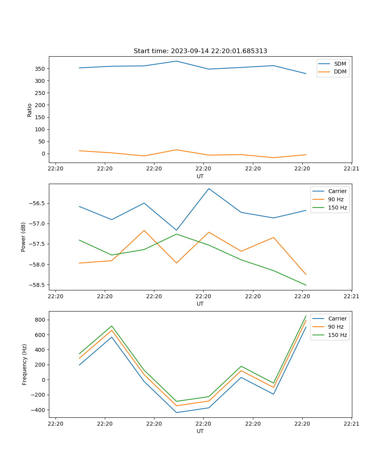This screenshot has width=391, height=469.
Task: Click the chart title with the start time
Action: pyautogui.click(x=200, y=51)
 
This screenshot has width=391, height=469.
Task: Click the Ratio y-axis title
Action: pyautogui.click(x=29, y=110)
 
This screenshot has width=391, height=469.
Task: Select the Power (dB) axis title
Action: pyautogui.click(x=23, y=237)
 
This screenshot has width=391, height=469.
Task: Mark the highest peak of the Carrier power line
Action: pyautogui.click(x=209, y=189)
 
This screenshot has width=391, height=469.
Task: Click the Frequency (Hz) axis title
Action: pyautogui.click(x=24, y=364)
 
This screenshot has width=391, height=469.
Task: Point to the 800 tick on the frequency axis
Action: pyautogui.click(x=41, y=320)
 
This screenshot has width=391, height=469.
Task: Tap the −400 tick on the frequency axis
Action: pyautogui.click(x=39, y=410)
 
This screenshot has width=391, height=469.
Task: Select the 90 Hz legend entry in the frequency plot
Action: pyautogui.click(x=336, y=327)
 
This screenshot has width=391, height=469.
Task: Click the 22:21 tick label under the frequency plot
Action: pyautogui.click(x=352, y=423)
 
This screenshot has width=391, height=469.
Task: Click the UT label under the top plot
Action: pyautogui.click(x=200, y=176)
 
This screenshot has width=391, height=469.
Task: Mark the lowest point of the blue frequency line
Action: pyautogui.click(x=176, y=412)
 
